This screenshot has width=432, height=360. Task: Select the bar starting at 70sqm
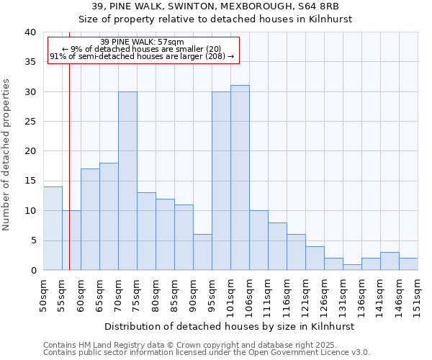tap(127, 181)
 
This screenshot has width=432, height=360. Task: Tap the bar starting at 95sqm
tap(221, 181)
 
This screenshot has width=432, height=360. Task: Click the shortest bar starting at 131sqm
tap(352, 267)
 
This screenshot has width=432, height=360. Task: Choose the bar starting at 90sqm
tap(202, 252)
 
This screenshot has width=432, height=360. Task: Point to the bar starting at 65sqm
tap(109, 216)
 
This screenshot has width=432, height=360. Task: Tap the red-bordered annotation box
tap(143, 49)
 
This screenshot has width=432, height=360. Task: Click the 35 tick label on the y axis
tap(30, 62)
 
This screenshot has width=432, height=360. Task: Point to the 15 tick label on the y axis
tap(30, 181)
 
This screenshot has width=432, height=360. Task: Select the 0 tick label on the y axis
tap(32, 270)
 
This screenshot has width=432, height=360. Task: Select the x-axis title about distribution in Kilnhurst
tap(230, 326)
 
